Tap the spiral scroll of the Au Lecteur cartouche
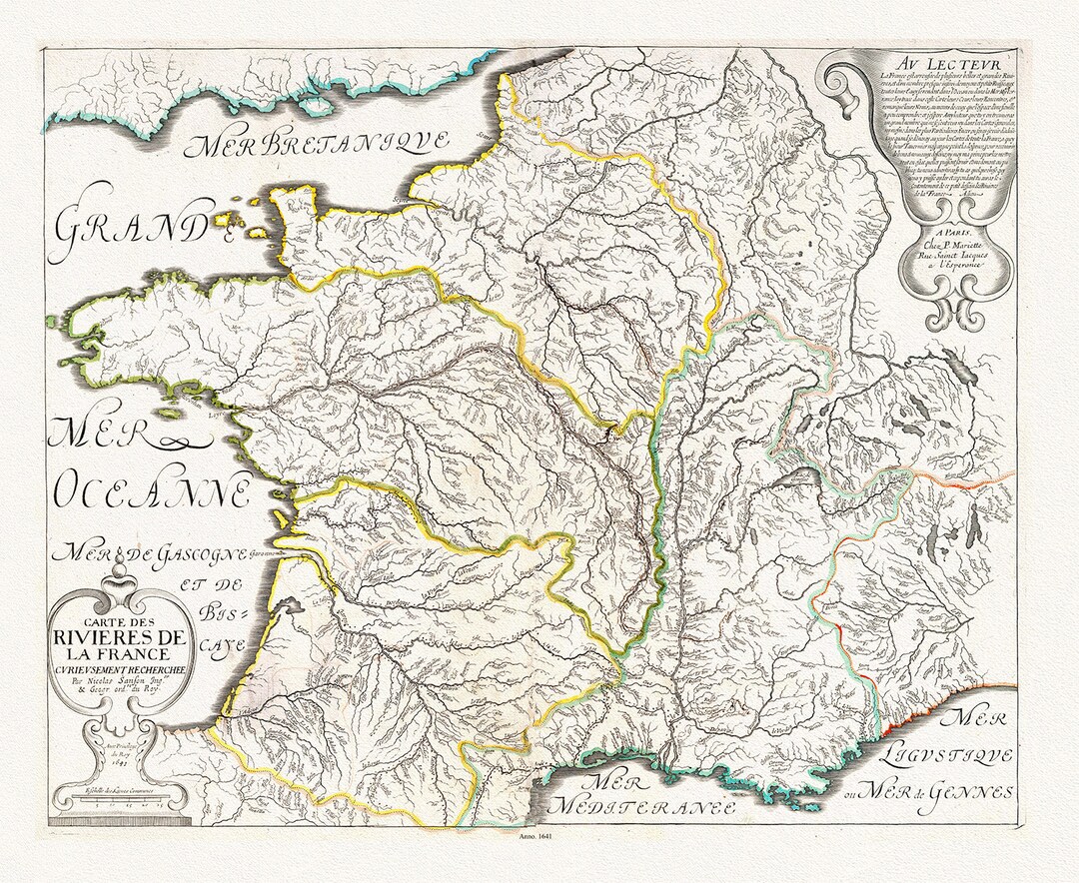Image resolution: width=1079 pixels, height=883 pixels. [x=841, y=96]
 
